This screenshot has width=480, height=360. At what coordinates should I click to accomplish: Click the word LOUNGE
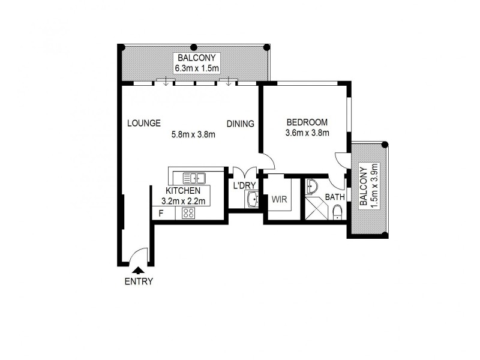[x=144, y=124]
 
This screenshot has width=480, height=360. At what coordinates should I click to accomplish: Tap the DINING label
[x=240, y=124]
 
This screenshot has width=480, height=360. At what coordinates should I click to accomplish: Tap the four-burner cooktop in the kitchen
[x=188, y=213]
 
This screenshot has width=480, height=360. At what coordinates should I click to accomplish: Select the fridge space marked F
[x=161, y=213]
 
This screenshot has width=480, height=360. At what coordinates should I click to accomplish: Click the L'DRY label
[x=245, y=186]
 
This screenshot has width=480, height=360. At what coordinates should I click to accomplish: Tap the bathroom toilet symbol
[x=337, y=212]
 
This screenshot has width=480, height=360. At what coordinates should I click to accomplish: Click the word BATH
[x=335, y=197]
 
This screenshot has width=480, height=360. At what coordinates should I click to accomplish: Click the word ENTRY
[x=139, y=281]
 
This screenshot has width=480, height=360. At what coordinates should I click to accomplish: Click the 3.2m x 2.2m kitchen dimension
[x=184, y=201]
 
